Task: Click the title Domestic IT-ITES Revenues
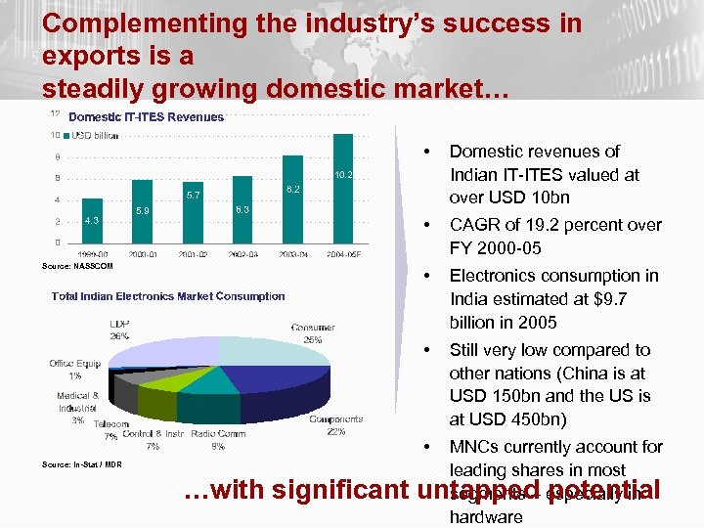(146, 116)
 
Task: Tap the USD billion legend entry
(97, 135)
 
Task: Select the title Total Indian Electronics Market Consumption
(168, 296)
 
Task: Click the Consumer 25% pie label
(313, 333)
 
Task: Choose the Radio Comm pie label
(218, 434)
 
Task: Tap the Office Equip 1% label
(75, 370)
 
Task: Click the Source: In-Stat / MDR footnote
(82, 464)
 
